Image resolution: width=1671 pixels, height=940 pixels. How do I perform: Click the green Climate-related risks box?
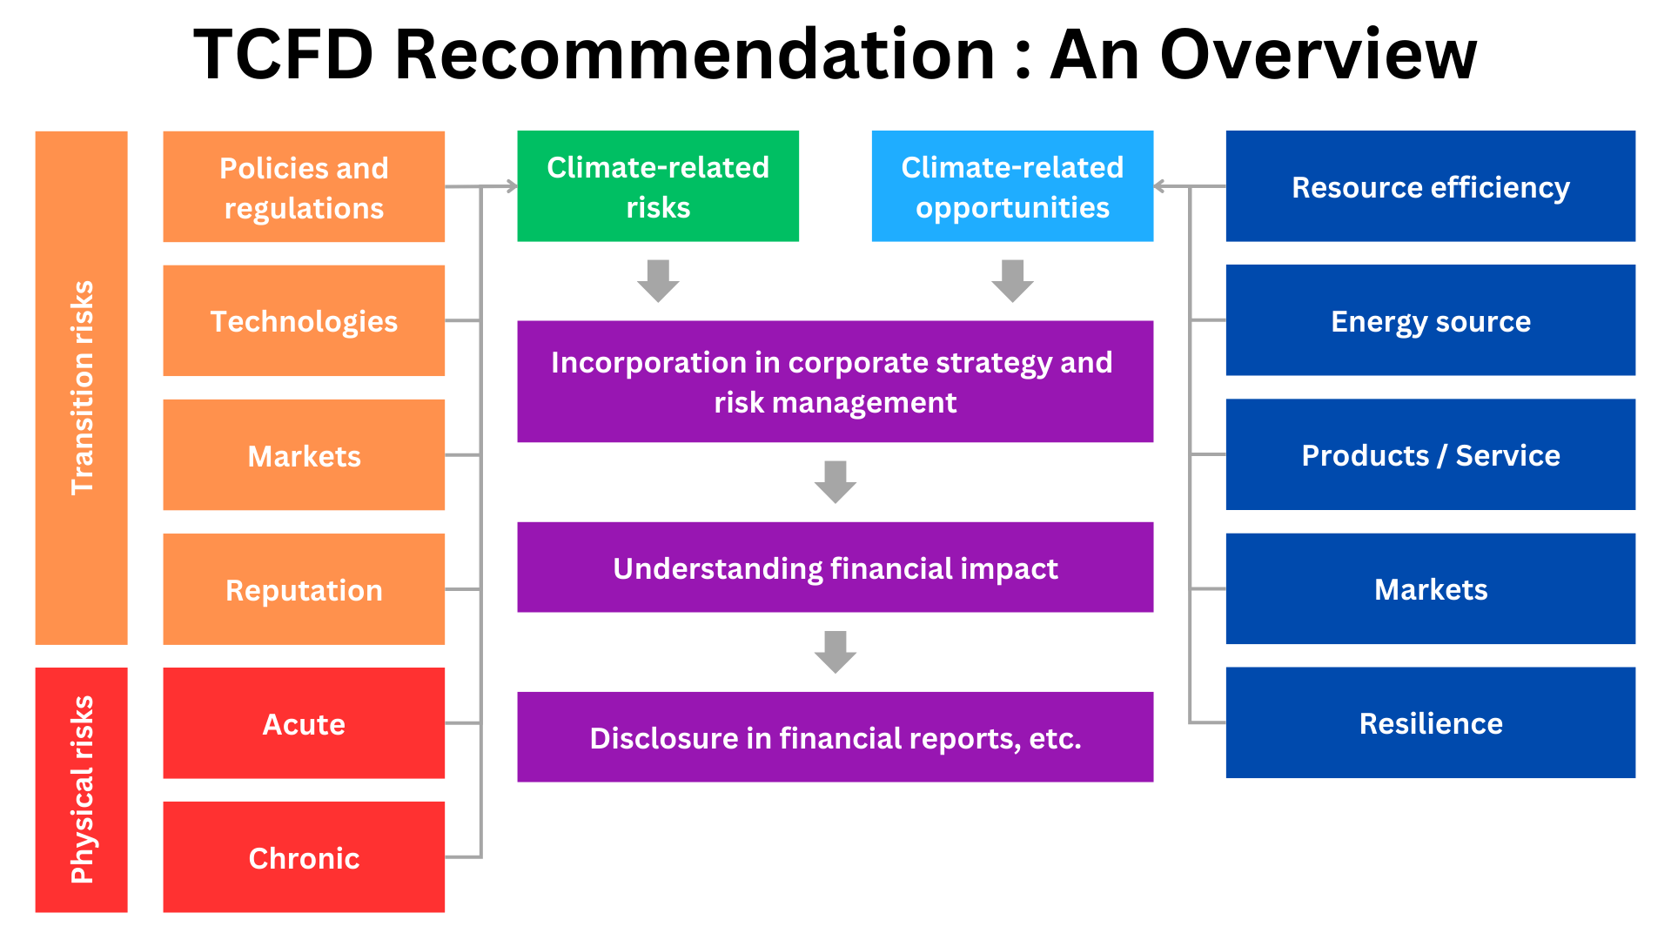tap(658, 186)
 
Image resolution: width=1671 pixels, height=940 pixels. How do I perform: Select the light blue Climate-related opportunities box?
tap(1012, 186)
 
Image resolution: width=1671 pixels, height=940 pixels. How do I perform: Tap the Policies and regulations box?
tap(304, 187)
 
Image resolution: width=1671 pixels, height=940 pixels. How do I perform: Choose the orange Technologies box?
tap(304, 321)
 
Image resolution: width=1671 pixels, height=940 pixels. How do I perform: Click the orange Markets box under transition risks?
tap(304, 455)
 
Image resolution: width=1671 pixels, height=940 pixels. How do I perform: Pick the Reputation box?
tap(304, 589)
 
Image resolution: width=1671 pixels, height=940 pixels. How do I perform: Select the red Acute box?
tap(304, 723)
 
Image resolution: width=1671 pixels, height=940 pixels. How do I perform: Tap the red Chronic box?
tap(304, 857)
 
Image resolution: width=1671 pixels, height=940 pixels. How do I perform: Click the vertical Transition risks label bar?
tap(82, 388)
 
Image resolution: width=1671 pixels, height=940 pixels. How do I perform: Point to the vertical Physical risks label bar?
tap(82, 790)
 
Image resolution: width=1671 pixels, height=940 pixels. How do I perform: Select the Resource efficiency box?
tap(1431, 186)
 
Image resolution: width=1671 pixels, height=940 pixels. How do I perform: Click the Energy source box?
tap(1431, 320)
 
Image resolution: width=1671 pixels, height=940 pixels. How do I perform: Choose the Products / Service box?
tap(1431, 454)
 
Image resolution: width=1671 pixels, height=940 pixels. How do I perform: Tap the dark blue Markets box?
tap(1431, 588)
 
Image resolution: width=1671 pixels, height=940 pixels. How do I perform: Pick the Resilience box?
tap(1431, 722)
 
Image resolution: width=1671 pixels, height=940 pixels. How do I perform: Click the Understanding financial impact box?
tap(835, 567)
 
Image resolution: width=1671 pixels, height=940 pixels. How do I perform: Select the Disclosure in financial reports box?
tap(835, 737)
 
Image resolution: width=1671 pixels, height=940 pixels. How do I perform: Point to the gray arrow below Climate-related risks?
tap(658, 281)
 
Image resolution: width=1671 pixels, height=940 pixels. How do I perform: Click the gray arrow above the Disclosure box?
tap(835, 652)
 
